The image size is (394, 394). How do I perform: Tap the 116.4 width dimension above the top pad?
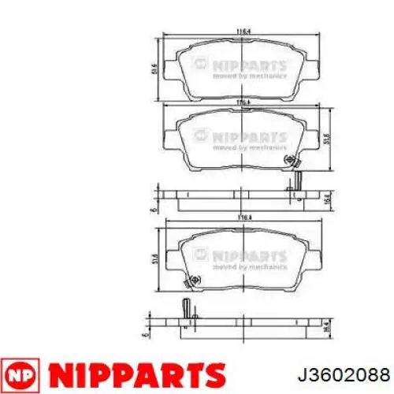(243, 32)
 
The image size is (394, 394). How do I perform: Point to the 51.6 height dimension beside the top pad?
(154, 71)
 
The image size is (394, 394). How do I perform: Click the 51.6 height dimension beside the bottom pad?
(154, 258)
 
